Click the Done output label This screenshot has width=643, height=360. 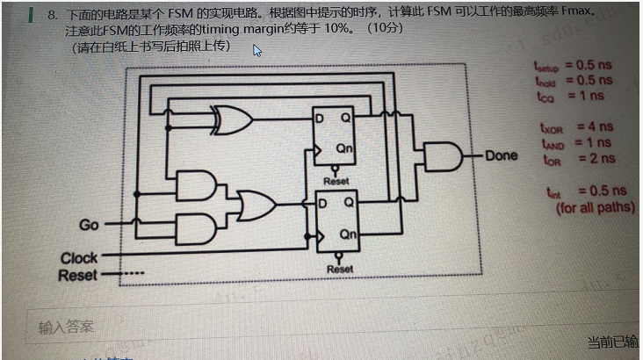click(x=501, y=156)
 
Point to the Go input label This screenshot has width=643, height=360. click(x=89, y=225)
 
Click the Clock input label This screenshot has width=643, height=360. click(x=79, y=258)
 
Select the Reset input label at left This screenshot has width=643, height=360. click(x=77, y=275)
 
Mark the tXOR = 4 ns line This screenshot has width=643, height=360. click(x=578, y=127)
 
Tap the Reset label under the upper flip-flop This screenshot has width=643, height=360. click(x=336, y=181)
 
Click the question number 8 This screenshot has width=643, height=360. click(x=53, y=15)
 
